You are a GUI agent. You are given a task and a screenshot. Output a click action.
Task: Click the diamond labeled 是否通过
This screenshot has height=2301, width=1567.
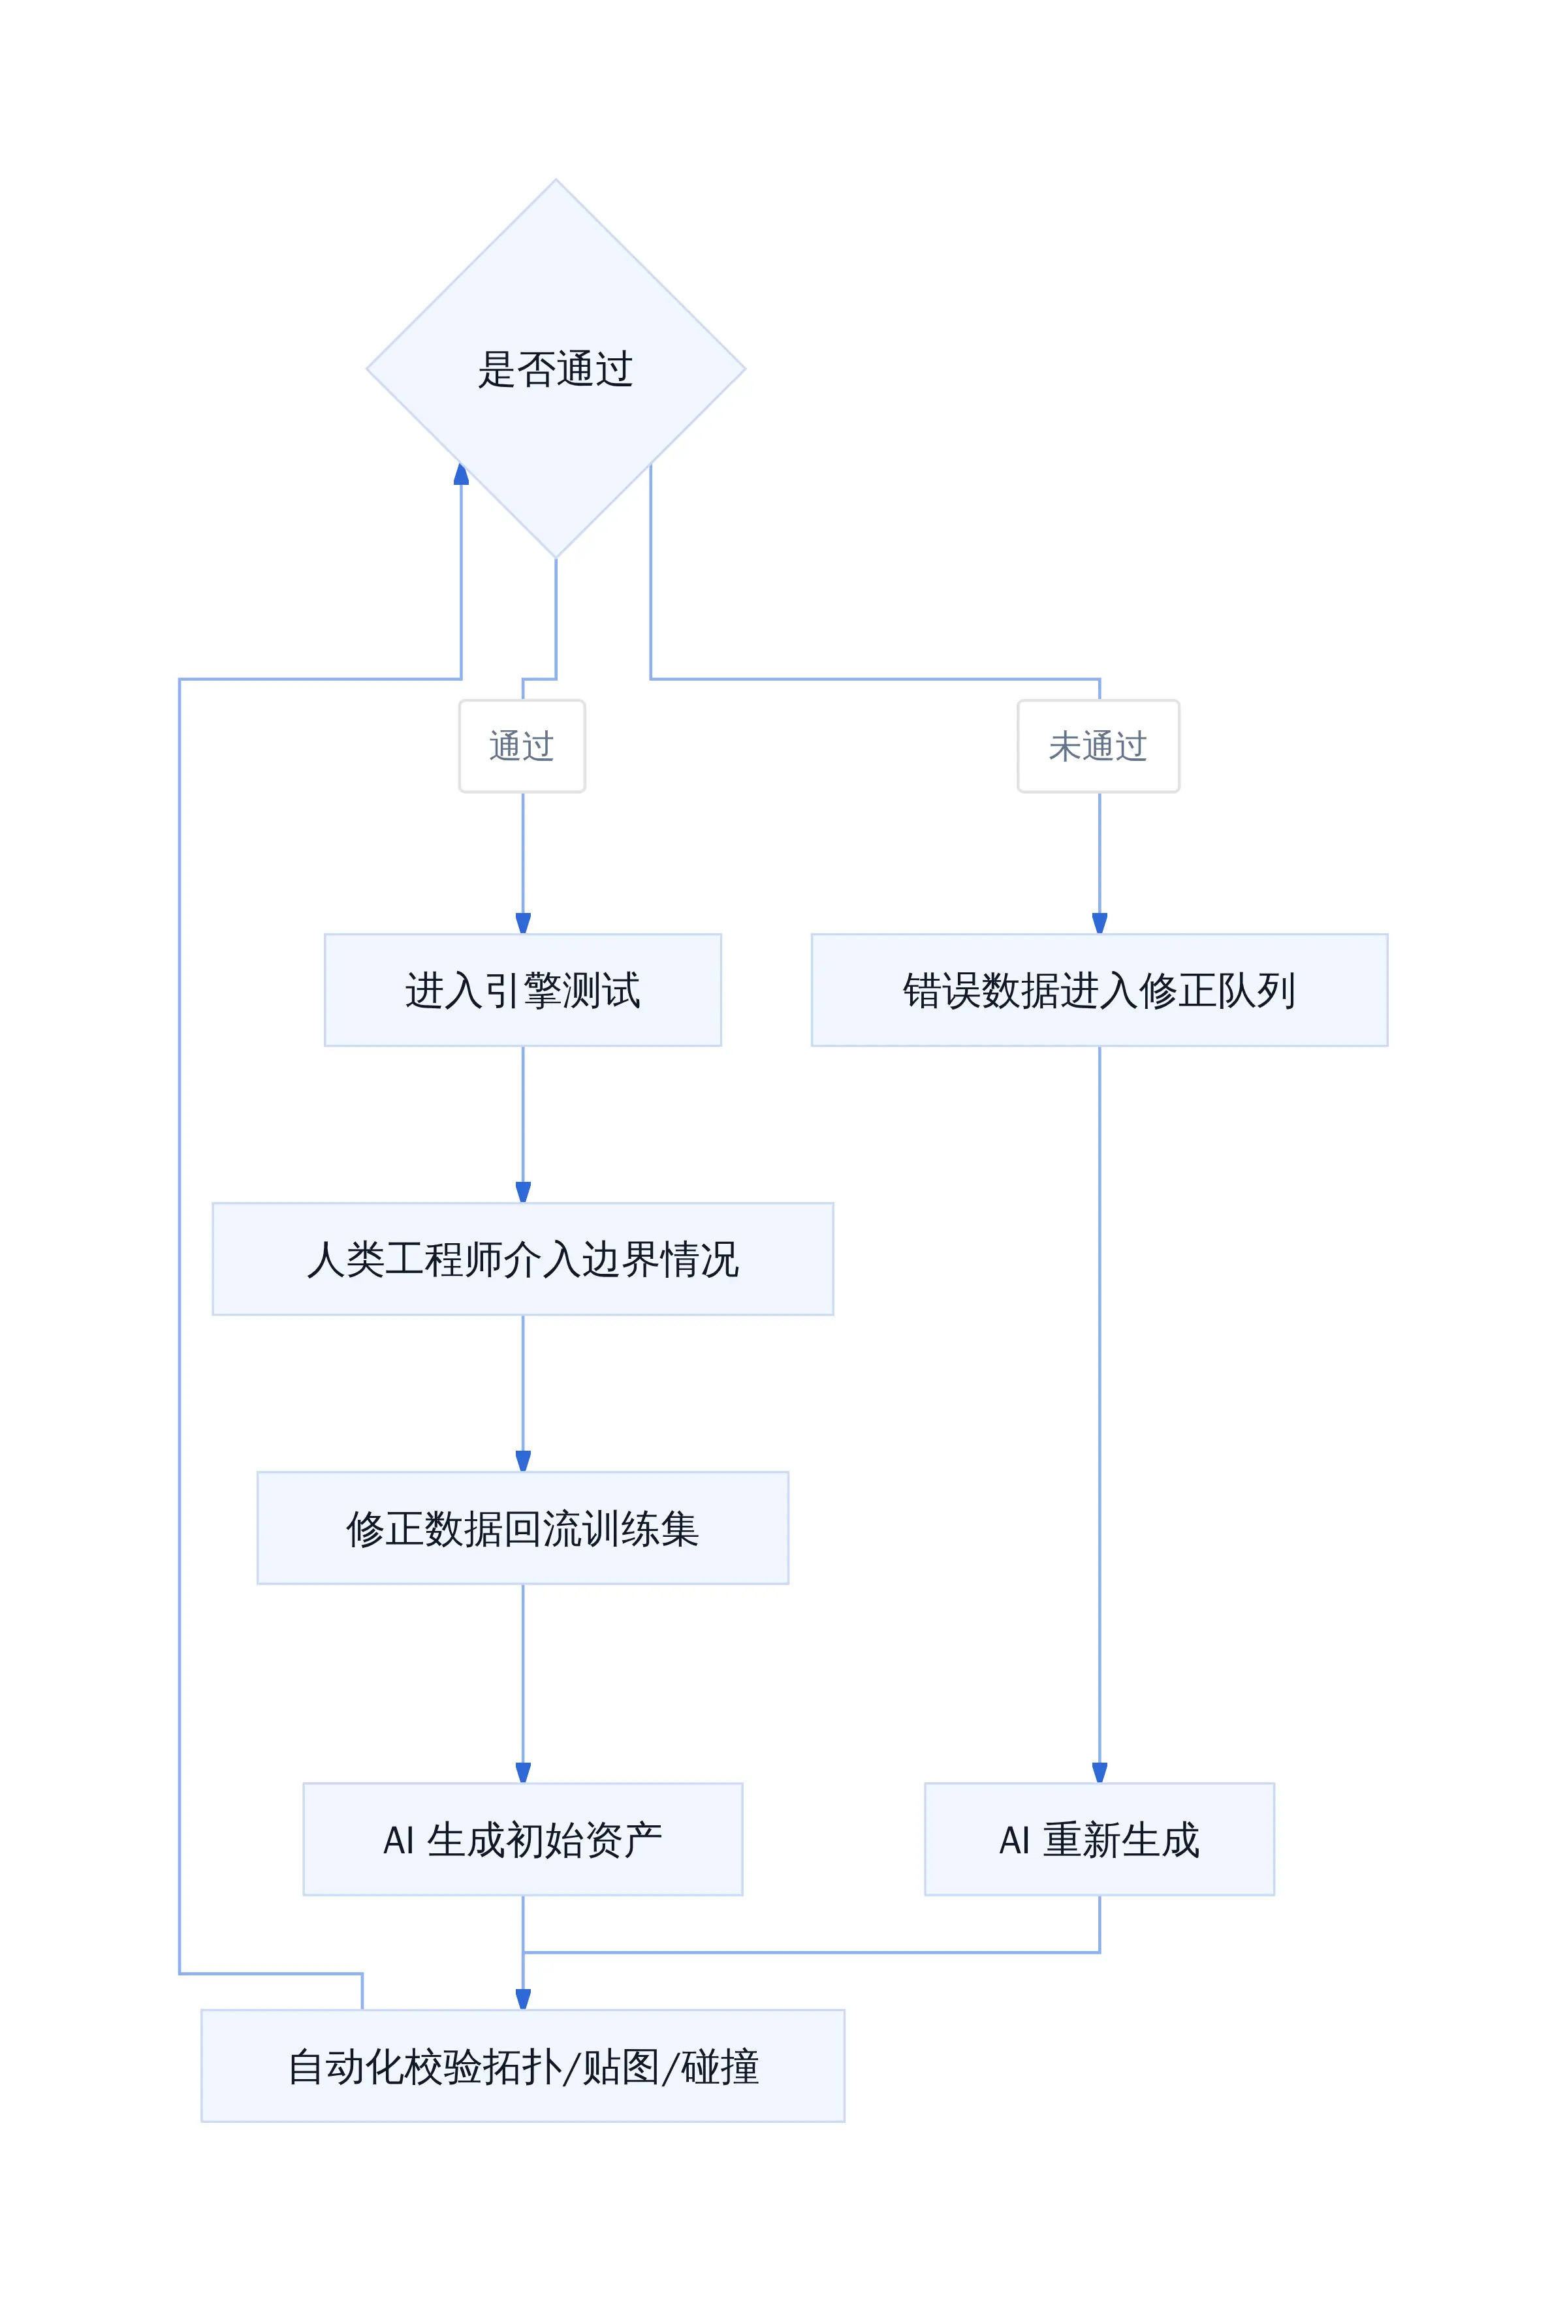click(x=556, y=368)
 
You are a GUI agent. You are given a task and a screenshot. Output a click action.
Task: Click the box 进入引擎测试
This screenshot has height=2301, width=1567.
click(x=523, y=990)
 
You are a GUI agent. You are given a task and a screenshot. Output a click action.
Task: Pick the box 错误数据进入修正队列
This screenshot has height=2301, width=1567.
click(x=1100, y=990)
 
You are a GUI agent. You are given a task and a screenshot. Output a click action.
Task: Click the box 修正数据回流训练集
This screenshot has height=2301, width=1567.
click(x=523, y=1528)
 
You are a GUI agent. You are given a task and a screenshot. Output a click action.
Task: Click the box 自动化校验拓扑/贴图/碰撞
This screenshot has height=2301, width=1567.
click(x=523, y=2066)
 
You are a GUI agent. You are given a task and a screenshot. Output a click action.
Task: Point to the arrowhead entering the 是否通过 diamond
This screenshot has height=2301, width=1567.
click(x=462, y=474)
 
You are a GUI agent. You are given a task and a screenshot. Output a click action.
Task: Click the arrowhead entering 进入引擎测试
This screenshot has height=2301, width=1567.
click(x=523, y=923)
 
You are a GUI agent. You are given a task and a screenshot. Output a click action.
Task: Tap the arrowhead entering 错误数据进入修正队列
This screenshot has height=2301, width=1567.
click(x=1100, y=923)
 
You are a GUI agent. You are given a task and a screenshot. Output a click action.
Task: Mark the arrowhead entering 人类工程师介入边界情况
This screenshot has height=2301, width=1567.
click(x=523, y=1192)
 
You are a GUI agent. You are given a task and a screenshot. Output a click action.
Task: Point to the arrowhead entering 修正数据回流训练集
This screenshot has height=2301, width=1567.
click(x=523, y=1460)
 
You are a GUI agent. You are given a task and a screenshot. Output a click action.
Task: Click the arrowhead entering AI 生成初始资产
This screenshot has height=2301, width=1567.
click(x=523, y=1772)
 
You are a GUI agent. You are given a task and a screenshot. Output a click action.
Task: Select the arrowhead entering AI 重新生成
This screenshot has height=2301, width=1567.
click(x=1100, y=1772)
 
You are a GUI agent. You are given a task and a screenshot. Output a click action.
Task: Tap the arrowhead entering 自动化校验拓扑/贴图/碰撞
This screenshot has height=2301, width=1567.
click(x=523, y=1999)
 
